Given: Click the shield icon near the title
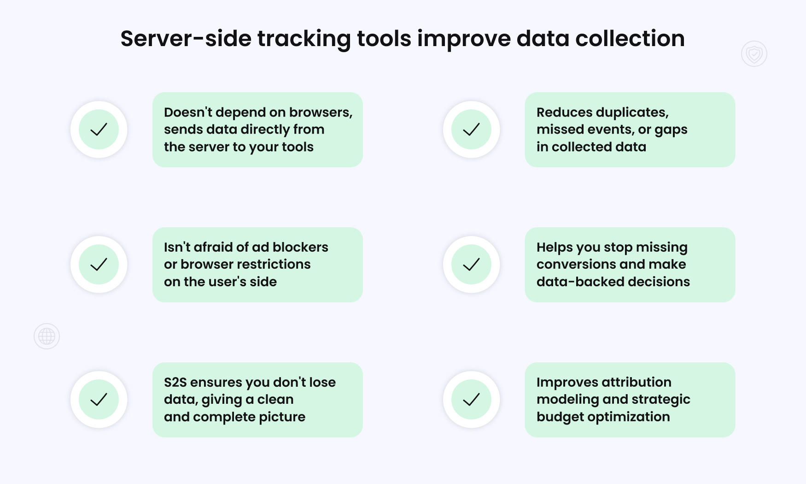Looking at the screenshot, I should tap(754, 54).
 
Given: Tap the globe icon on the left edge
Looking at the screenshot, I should tap(47, 336).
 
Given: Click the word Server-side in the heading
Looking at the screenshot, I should tap(185, 39).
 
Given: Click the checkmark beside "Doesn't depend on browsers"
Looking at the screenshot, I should tap(99, 130).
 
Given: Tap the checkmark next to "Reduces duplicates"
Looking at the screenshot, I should tap(471, 130).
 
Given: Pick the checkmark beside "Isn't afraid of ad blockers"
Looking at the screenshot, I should tap(99, 265).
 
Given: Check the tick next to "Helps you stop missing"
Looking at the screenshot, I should tap(471, 265).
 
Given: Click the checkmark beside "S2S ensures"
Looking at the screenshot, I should tap(99, 400).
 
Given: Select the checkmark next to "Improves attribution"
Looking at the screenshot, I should tap(471, 400).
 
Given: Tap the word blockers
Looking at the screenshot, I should tap(300, 247).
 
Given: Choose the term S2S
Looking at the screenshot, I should tap(175, 383).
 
